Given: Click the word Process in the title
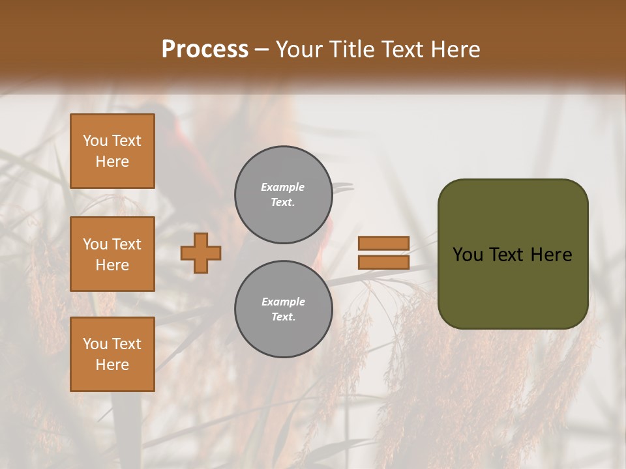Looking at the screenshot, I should click(205, 50).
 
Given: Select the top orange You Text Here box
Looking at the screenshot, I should click(112, 151).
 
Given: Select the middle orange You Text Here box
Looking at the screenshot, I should click(112, 254).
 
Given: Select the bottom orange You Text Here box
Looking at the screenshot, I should click(112, 354).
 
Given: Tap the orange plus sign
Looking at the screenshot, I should click(201, 253).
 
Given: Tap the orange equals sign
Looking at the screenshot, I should click(383, 253).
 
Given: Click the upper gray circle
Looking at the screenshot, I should click(283, 195).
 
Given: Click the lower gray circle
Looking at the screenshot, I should click(283, 309).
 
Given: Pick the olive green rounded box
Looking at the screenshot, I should click(513, 254).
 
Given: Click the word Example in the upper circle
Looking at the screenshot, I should click(283, 188).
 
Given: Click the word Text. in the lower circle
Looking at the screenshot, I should click(283, 317).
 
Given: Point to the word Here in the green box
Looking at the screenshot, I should click(551, 255).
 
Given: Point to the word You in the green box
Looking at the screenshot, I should click(468, 255).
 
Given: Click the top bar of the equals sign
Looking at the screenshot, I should click(383, 243).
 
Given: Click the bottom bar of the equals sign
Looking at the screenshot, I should click(383, 263).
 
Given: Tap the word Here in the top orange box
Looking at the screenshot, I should click(112, 162).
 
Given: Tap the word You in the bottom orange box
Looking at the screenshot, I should click(95, 344).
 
